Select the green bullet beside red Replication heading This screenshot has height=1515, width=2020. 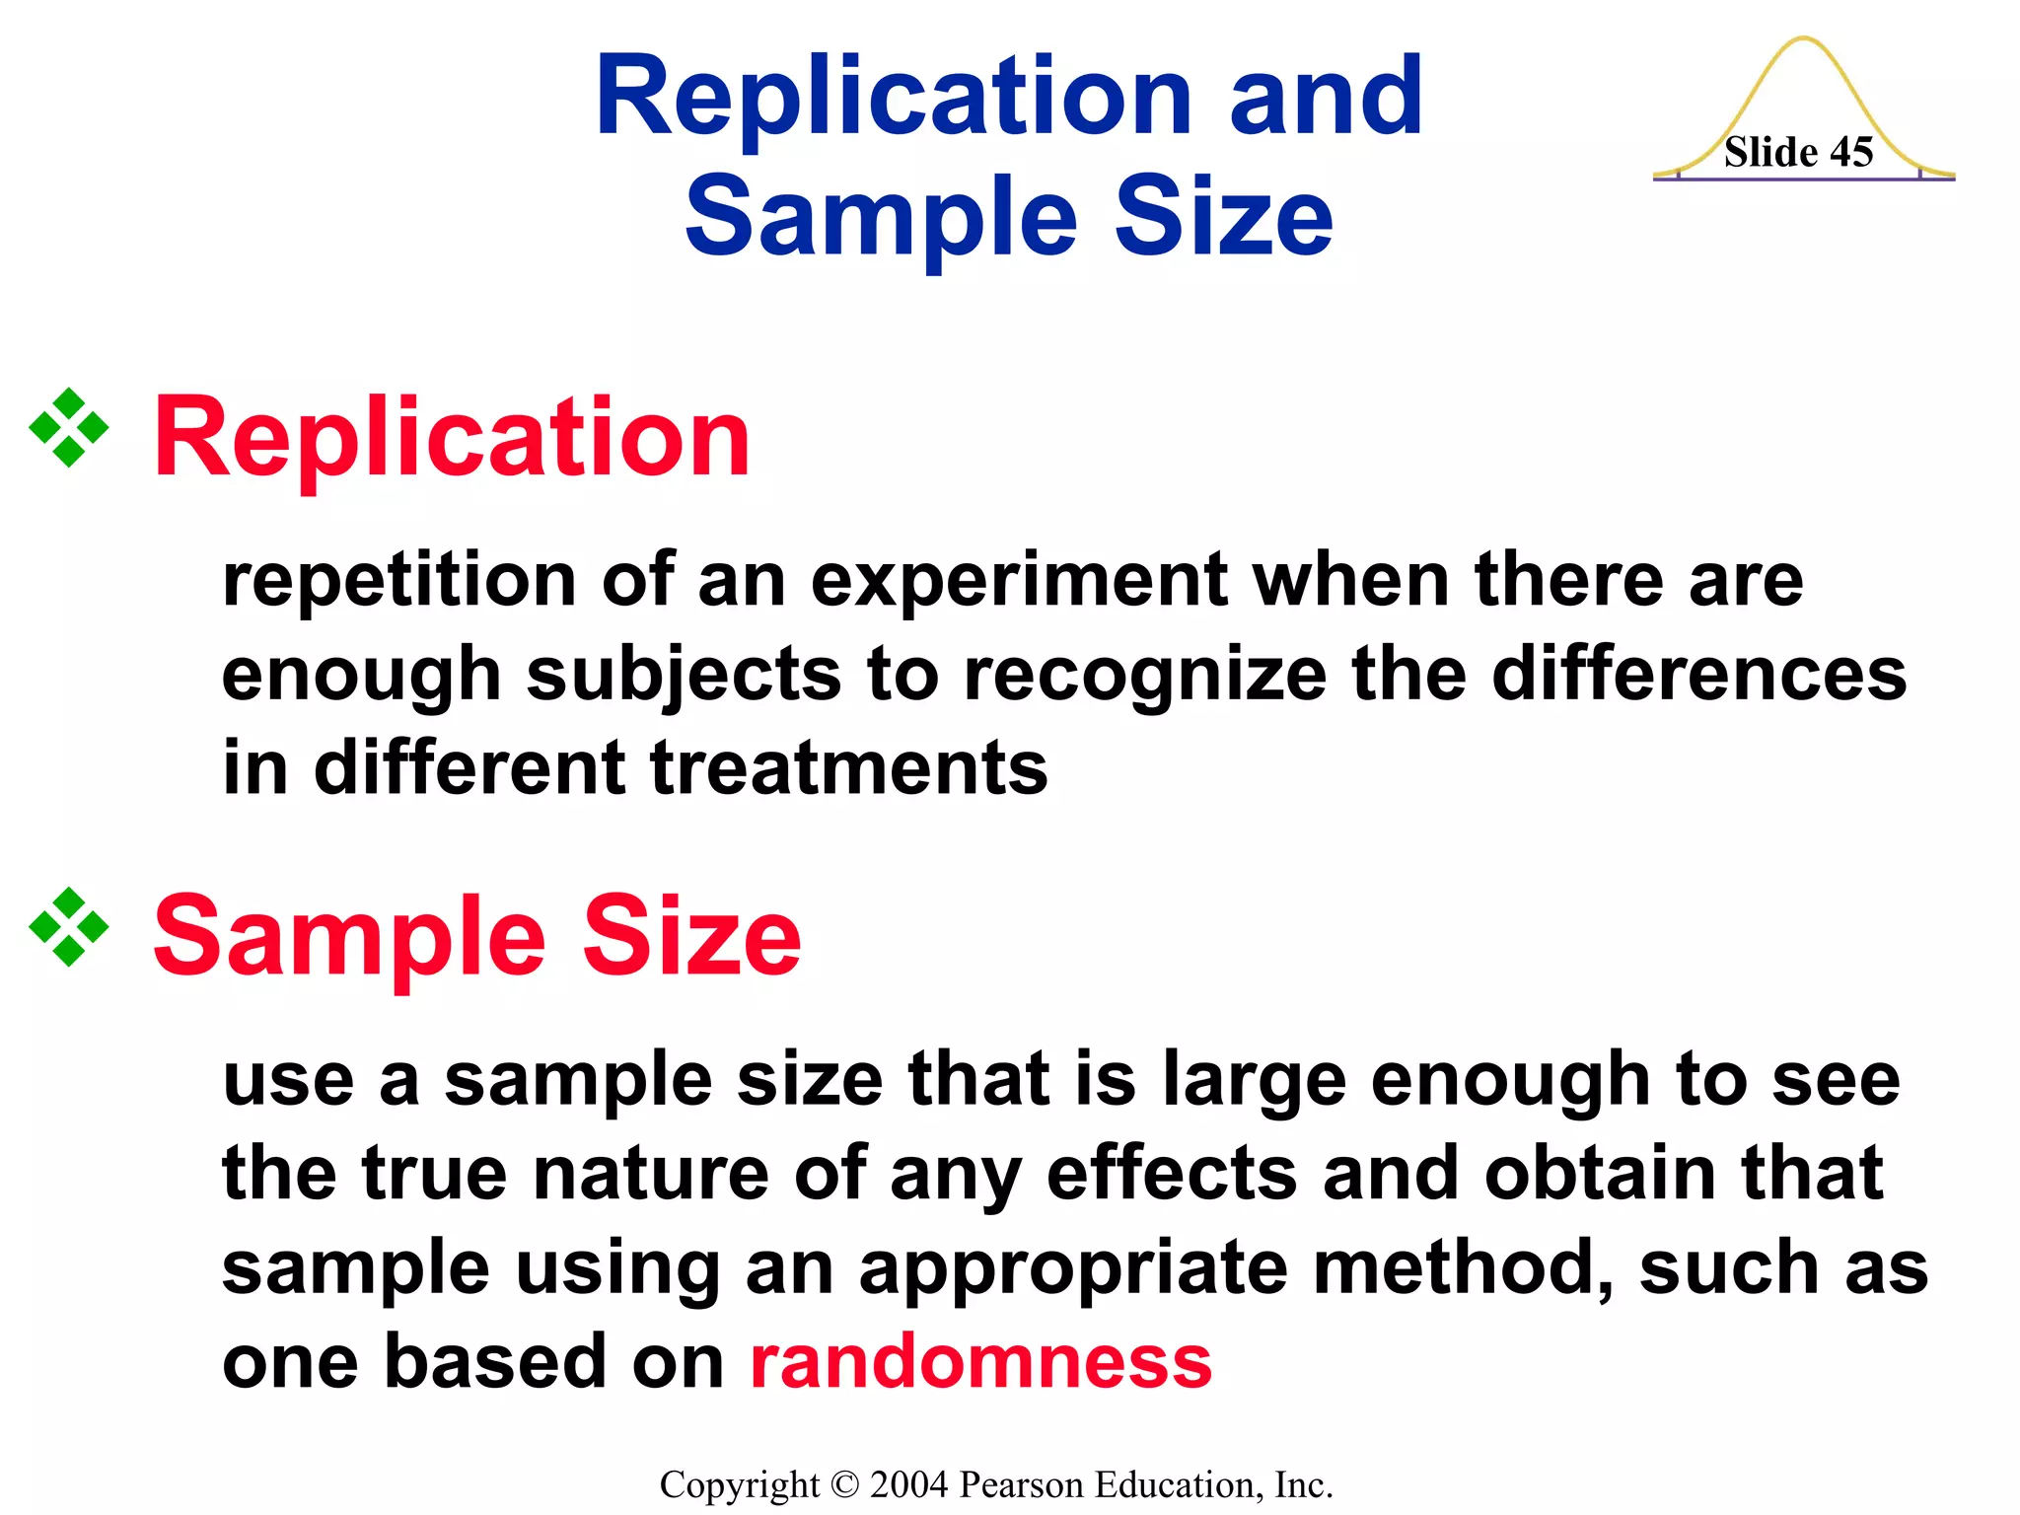(69, 427)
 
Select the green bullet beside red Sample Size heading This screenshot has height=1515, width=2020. (69, 927)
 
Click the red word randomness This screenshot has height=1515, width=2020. (980, 1361)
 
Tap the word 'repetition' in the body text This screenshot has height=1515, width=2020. (398, 582)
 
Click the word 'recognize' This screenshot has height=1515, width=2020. (1144, 676)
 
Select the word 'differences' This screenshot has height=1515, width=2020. (1698, 676)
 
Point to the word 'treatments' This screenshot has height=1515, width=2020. (848, 768)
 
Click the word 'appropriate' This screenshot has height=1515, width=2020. (1073, 1269)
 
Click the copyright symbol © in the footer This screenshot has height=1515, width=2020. (845, 1484)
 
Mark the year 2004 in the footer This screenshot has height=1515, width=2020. (908, 1484)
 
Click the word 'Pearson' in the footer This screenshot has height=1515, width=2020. (1022, 1484)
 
